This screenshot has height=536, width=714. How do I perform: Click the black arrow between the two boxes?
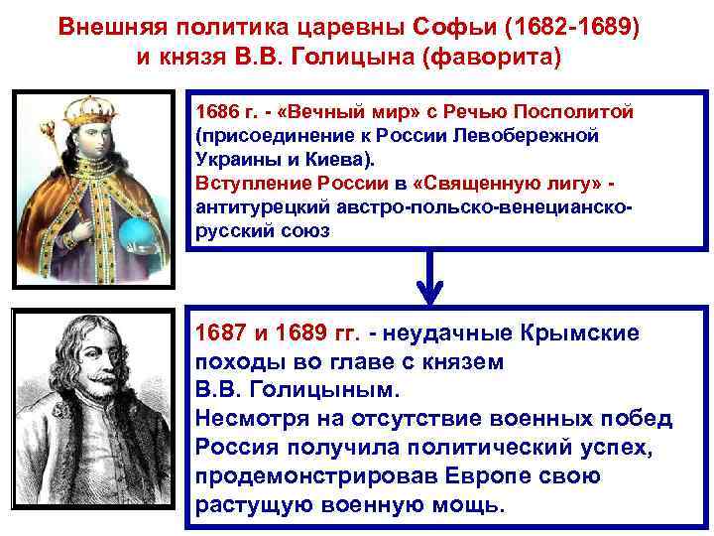(427, 279)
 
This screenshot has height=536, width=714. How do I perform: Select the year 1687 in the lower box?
(219, 333)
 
